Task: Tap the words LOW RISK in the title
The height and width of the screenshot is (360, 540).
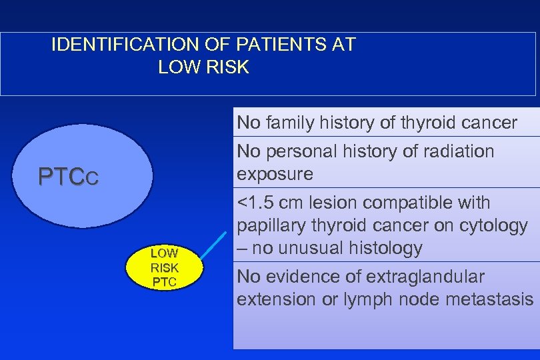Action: [203, 67]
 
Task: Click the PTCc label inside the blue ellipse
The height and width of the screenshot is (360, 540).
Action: [69, 177]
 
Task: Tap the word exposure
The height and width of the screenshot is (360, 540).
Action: [275, 174]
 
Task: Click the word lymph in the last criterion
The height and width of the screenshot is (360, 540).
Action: [367, 299]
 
